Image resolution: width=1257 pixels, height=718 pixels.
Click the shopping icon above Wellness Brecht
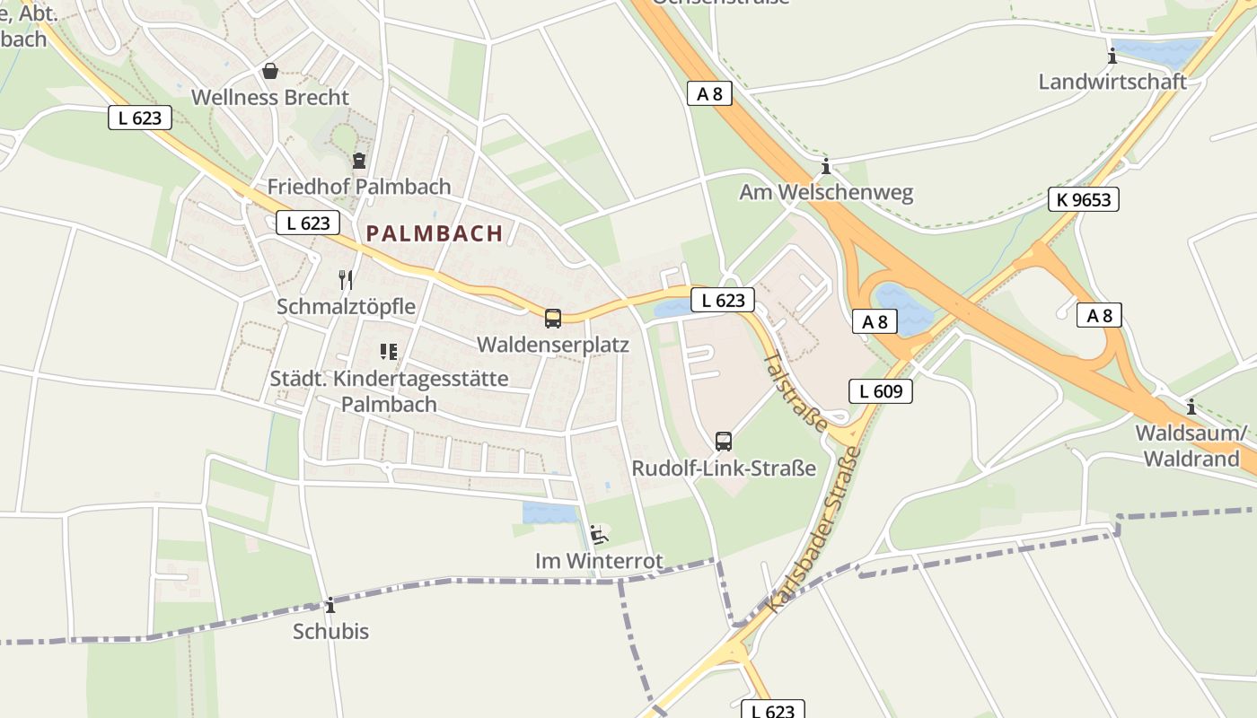click(269, 71)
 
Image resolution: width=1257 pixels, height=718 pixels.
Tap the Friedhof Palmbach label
click(359, 187)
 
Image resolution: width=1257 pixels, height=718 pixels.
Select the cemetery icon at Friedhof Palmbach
click(359, 161)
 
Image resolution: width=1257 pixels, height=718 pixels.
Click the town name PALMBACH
click(435, 233)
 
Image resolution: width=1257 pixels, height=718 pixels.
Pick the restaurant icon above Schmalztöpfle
click(346, 280)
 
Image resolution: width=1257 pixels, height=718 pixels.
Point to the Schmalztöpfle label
click(346, 307)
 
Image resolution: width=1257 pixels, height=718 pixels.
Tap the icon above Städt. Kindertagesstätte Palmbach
click(388, 352)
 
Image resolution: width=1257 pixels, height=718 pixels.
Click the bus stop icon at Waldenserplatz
click(553, 318)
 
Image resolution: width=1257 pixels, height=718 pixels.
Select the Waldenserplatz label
click(553, 345)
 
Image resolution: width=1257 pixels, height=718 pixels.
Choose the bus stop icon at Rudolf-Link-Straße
click(724, 441)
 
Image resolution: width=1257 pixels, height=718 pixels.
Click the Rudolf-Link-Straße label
click(724, 468)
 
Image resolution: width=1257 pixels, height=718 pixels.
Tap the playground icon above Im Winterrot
click(599, 535)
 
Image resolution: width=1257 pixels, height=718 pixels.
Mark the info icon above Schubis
click(330, 605)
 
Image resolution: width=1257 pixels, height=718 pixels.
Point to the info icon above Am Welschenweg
click(826, 167)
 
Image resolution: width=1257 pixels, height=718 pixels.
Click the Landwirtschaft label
click(1112, 82)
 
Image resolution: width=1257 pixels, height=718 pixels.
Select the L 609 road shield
click(880, 390)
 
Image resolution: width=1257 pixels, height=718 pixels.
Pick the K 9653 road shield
click(1084, 199)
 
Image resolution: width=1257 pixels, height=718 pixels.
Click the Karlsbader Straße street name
click(815, 530)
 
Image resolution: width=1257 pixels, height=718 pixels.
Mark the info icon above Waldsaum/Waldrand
click(1191, 407)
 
